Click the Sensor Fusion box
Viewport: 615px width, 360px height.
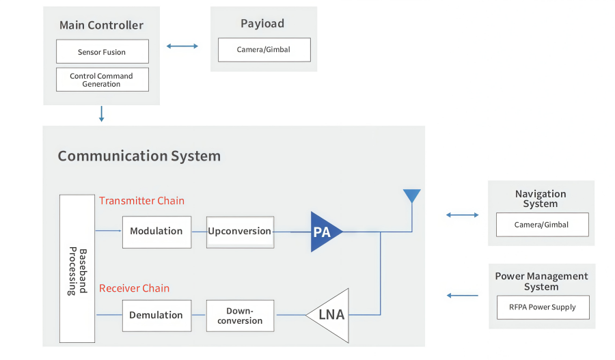[x=102, y=52]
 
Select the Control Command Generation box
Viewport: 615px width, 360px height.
[x=102, y=80]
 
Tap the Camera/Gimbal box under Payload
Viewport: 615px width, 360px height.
[x=264, y=50]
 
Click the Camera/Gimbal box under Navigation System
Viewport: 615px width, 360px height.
[x=541, y=225]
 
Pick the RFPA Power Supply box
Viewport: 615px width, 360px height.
[x=541, y=307]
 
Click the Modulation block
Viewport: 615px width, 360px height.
[x=156, y=232]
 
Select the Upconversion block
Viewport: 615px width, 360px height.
[x=240, y=232]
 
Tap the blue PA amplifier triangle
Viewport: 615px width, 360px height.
[x=323, y=232]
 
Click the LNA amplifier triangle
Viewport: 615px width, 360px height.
[x=329, y=315]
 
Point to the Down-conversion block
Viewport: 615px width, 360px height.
[x=240, y=316]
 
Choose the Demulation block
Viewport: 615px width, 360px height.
[x=156, y=316]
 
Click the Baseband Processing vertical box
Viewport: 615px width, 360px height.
[x=77, y=268]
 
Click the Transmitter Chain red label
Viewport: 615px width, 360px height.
[x=141, y=201]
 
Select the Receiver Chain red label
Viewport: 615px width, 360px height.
[x=134, y=288]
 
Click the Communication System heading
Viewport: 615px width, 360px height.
[x=139, y=156]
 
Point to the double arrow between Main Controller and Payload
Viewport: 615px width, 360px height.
[x=182, y=46]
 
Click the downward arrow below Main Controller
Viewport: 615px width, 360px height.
[x=101, y=113]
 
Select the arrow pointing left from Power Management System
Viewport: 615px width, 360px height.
[x=463, y=296]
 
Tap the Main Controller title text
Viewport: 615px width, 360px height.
[x=101, y=25]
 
